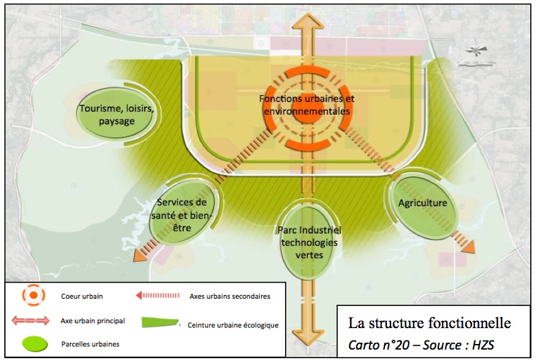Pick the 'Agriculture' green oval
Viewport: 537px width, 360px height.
click(422, 204)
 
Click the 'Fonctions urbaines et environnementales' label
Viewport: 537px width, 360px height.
click(307, 105)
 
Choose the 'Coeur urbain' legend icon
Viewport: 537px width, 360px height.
click(33, 296)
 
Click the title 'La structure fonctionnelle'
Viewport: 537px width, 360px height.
click(429, 322)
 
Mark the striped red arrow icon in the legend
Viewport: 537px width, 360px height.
click(159, 296)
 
